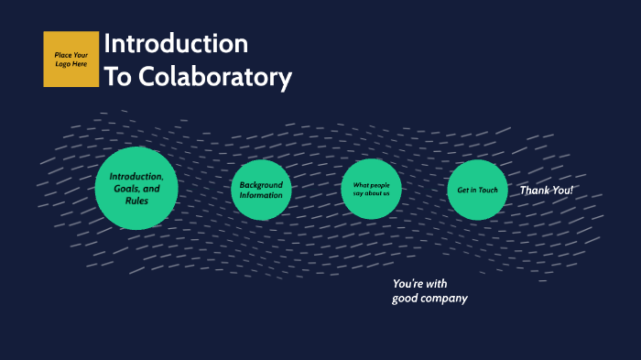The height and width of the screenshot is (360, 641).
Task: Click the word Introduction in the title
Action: coord(176,43)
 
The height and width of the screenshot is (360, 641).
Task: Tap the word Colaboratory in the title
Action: coord(215,77)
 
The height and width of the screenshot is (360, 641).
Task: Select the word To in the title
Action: coord(119,77)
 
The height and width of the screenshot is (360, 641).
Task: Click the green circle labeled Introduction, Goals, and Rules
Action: coord(136,188)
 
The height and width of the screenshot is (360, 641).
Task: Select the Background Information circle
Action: coord(261,190)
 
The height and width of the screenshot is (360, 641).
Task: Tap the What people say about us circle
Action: coord(371,190)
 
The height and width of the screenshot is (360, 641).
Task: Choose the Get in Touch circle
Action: coord(477,190)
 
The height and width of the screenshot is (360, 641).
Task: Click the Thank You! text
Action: coord(547,190)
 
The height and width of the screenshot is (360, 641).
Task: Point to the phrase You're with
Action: coord(420,283)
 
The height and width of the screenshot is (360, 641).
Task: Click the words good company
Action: coord(429,299)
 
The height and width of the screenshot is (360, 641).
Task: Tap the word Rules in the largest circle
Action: coord(137,201)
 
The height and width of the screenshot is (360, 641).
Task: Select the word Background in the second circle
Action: coord(261,184)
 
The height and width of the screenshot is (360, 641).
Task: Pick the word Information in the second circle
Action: coord(261,195)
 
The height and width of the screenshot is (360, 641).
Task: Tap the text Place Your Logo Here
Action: coord(71,60)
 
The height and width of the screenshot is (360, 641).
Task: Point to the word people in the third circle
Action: coord(379,184)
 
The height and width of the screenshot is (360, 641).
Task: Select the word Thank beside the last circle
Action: coord(536,190)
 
